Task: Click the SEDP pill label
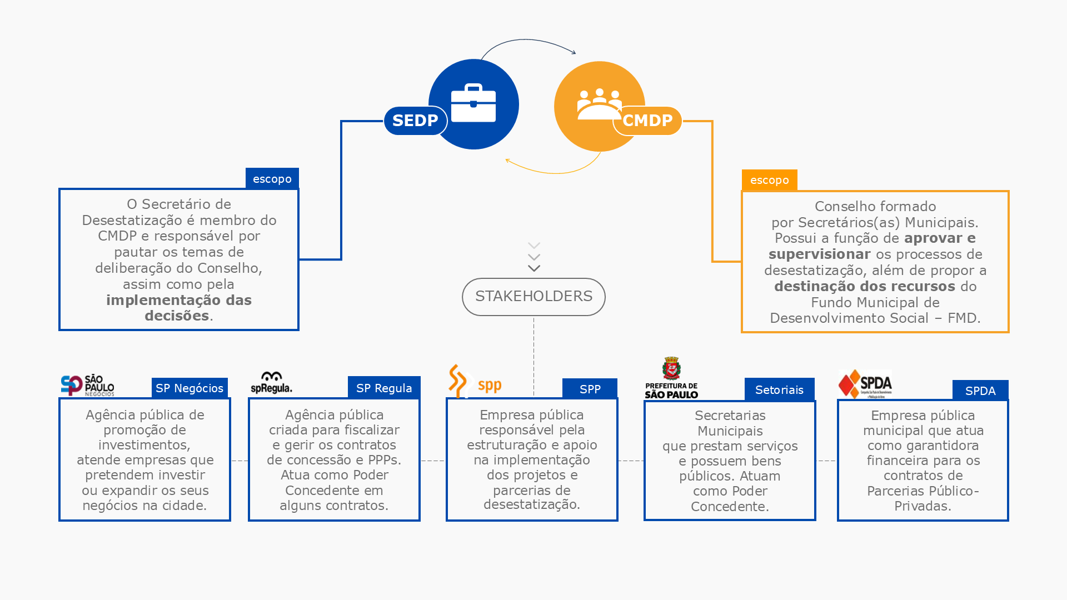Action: [415, 121]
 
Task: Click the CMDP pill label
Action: [647, 121]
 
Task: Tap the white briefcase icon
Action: [473, 103]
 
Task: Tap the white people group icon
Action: [599, 104]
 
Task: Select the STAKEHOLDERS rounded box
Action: [533, 297]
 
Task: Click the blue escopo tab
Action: [272, 179]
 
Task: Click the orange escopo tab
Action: [770, 181]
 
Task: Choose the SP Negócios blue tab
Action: [190, 388]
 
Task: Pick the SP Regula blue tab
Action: [384, 388]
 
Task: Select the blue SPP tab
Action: [590, 389]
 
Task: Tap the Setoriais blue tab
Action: [779, 390]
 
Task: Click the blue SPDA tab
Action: [980, 391]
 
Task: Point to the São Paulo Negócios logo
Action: [87, 385]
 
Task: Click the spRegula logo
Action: [271, 383]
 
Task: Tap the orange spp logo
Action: [475, 382]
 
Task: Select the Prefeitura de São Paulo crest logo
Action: [671, 378]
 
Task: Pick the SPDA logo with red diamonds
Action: [865, 384]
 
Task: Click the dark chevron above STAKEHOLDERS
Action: [534, 268]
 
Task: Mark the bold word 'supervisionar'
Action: [819, 254]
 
